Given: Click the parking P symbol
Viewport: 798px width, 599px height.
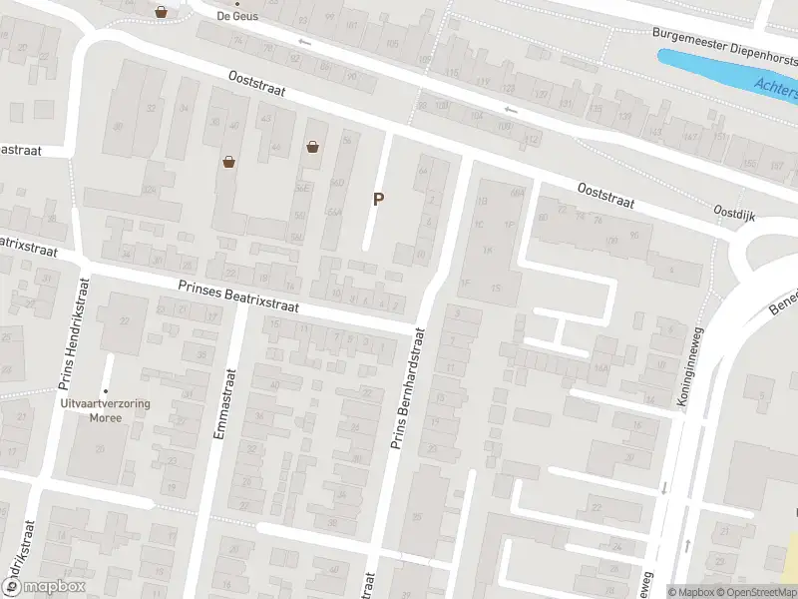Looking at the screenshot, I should [x=378, y=199].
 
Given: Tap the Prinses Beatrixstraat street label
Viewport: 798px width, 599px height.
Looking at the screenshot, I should [x=238, y=298].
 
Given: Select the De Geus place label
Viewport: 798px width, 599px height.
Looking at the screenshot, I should [x=237, y=16].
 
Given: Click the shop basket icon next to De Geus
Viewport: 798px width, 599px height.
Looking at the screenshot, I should [x=161, y=12].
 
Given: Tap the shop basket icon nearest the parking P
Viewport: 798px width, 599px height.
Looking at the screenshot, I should [x=313, y=147].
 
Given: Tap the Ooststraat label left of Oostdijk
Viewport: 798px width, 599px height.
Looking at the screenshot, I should [x=606, y=195].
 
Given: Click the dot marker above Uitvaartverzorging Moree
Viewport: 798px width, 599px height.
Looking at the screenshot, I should [x=105, y=390].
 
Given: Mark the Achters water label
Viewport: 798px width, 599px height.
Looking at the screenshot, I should [x=776, y=89].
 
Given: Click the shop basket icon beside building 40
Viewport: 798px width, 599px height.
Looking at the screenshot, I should [x=228, y=161].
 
